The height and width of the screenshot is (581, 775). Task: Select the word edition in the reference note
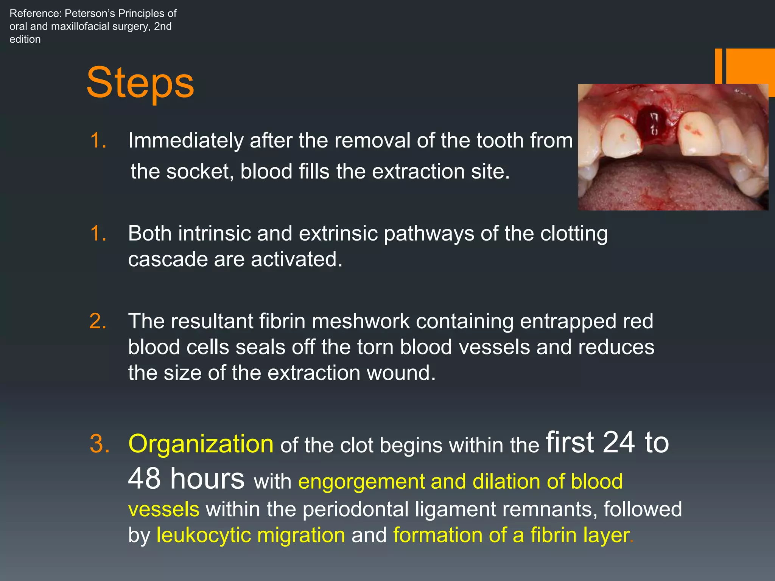[25, 39]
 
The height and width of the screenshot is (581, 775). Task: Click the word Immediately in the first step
[186, 141]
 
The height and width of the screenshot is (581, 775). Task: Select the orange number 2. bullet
[98, 322]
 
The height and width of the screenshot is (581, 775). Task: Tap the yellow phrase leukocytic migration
[251, 535]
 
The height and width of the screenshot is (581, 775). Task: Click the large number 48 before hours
[144, 478]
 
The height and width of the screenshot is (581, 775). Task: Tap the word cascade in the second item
[168, 260]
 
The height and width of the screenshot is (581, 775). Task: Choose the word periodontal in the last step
[355, 510]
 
